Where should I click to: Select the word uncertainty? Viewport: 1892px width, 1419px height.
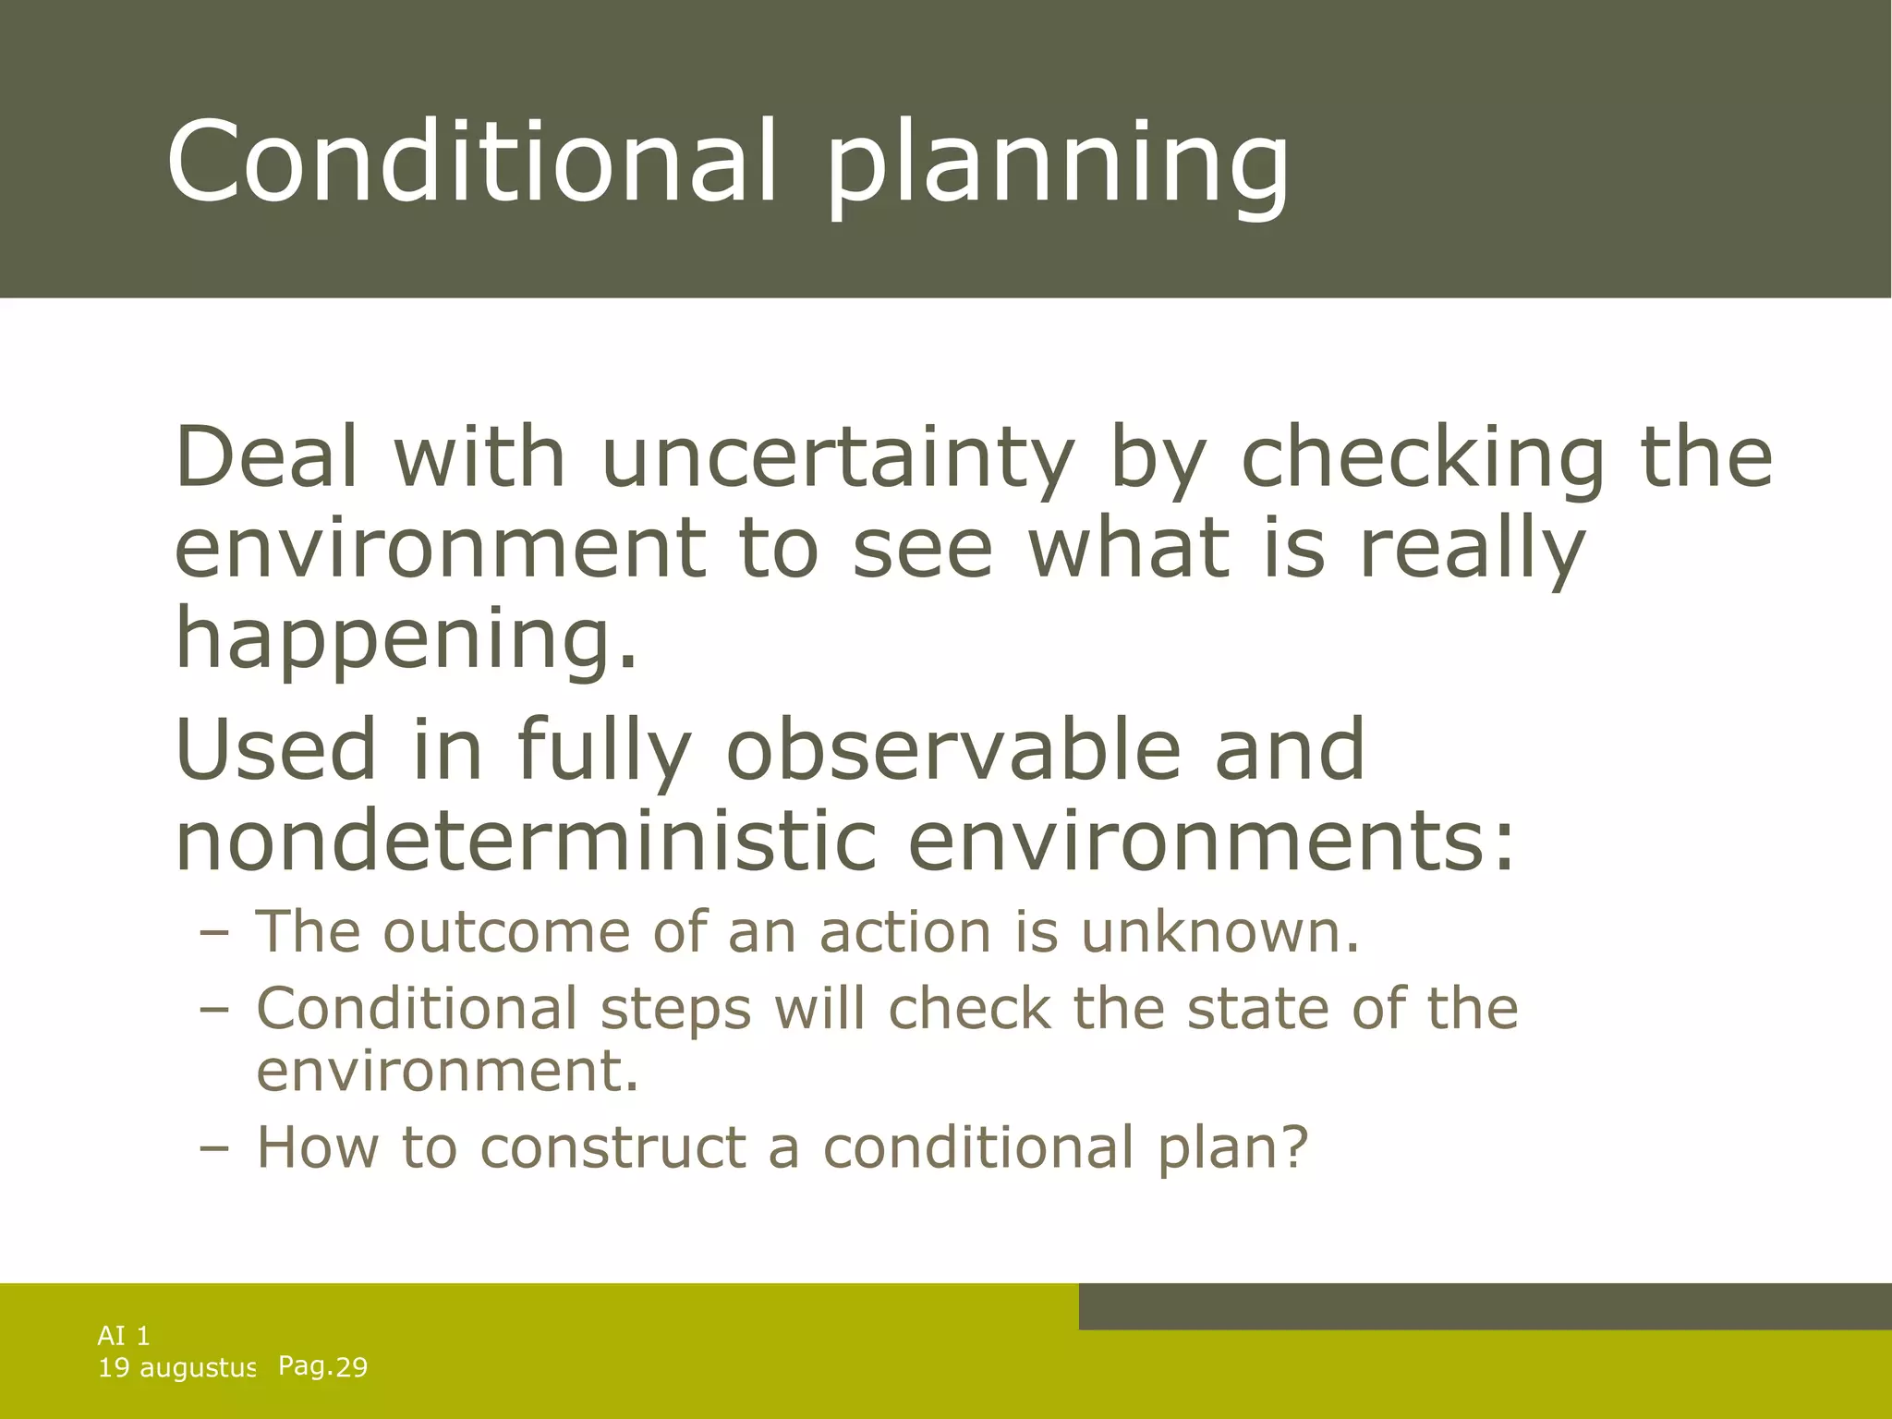click(838, 459)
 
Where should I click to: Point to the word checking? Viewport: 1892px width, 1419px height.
click(1423, 459)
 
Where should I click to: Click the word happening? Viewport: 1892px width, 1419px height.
click(406, 639)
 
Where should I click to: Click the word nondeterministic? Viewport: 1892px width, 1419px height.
click(525, 841)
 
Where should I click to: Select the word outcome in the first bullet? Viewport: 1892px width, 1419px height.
click(507, 931)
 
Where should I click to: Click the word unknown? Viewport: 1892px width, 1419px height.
click(1220, 931)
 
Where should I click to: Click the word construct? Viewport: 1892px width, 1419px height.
click(612, 1147)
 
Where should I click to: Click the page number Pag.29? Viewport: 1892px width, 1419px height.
click(322, 1366)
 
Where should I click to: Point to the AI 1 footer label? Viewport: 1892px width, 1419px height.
click(124, 1335)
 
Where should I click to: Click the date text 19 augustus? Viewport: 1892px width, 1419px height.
click(176, 1367)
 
